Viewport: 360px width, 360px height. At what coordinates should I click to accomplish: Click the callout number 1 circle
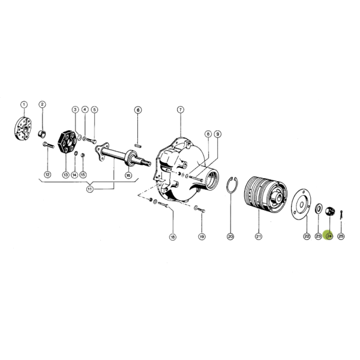coord(24,104)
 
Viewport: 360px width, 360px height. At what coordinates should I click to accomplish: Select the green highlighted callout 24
coord(329,236)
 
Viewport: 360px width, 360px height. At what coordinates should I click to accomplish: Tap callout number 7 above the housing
coord(181,110)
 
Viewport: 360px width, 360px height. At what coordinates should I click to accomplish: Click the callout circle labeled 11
coord(90,189)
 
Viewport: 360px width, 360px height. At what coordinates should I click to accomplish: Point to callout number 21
coord(259,236)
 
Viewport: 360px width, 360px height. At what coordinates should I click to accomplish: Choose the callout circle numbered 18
coord(172,237)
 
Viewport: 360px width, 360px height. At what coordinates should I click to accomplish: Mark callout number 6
coord(138,110)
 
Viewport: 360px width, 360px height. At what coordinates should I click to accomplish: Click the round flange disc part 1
coord(23,128)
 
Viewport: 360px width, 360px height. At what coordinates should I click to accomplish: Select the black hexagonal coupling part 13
coord(67,142)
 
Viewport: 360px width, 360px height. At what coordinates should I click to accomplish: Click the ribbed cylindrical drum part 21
coord(265,193)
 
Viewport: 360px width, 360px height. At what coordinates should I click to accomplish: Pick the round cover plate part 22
coord(301,205)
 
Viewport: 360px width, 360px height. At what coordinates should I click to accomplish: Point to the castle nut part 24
coord(330,211)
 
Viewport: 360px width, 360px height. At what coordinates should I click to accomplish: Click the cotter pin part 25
coord(341,214)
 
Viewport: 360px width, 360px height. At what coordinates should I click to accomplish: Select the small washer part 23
coord(319,208)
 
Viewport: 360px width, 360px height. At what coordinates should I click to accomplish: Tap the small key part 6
coord(138,145)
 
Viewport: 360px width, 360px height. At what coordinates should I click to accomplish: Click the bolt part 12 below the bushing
coord(48,145)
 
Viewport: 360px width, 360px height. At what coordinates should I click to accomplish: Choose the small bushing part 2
coord(42,134)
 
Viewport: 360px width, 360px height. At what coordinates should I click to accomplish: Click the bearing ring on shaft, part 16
coord(131,158)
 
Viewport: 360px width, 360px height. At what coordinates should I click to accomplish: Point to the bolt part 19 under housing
coord(199,209)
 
